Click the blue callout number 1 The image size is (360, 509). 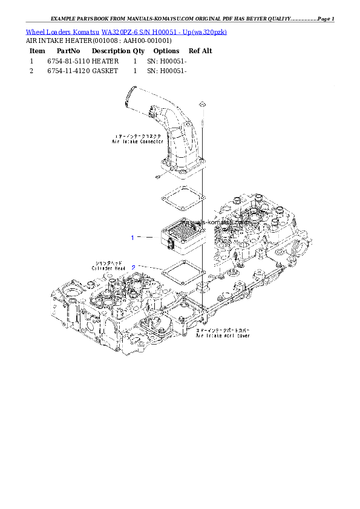tap(133, 238)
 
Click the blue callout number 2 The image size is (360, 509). tap(133, 267)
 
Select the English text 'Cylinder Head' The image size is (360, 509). tap(110, 268)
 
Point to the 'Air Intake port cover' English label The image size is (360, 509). tap(222, 335)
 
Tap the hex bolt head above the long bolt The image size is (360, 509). tap(203, 105)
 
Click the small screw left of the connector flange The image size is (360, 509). tap(156, 176)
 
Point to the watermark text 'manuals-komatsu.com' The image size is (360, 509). tap(206, 222)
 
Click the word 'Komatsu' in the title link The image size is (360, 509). tap(86, 31)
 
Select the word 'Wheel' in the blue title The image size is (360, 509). tap(35, 31)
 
